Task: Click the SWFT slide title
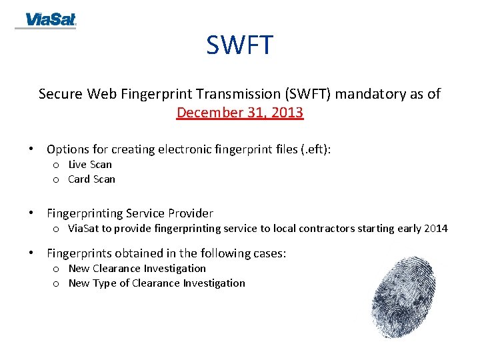(x=239, y=45)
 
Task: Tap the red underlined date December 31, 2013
(x=240, y=112)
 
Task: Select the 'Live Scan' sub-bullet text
(x=90, y=165)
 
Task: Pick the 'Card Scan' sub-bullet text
(x=91, y=179)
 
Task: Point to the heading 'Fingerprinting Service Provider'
(x=130, y=213)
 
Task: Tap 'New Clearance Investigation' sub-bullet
(x=137, y=269)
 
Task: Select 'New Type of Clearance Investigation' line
(x=157, y=283)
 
